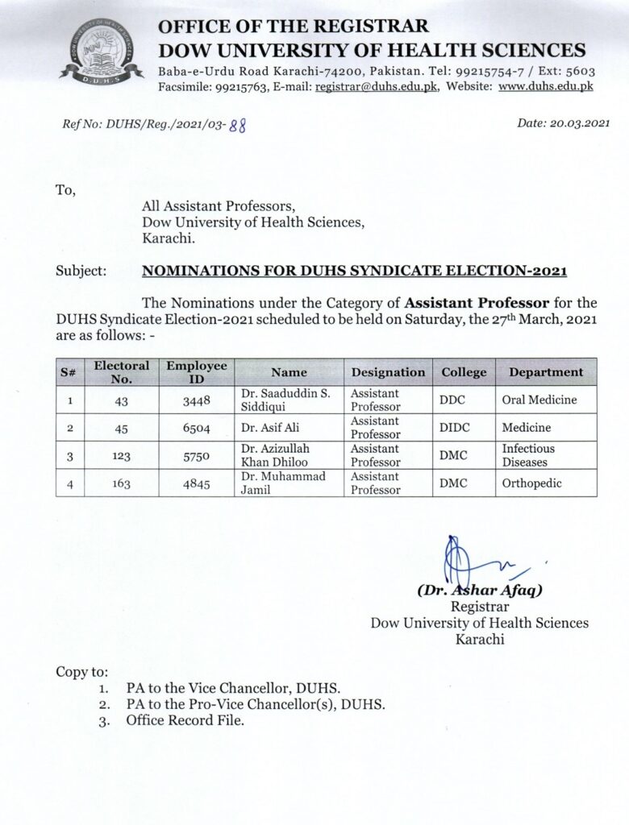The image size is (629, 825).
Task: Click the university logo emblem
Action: pos(101,51)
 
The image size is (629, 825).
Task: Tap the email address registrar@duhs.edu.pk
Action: pos(376,86)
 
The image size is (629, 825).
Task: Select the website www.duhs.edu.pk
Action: pos(545,86)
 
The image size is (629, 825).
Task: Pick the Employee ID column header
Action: pos(197,372)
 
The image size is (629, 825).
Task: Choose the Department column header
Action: pos(546,372)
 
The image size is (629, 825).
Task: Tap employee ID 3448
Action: pos(196,400)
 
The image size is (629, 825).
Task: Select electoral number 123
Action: pos(122,455)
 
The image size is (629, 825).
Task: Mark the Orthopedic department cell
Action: pos(531,483)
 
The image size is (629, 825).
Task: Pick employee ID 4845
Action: pos(196,483)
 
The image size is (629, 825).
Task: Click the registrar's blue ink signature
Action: pos(468,559)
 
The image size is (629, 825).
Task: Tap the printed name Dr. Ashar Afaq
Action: pos(481,590)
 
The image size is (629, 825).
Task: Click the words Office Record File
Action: pos(185,721)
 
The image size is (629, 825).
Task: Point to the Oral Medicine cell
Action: pos(539,400)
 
